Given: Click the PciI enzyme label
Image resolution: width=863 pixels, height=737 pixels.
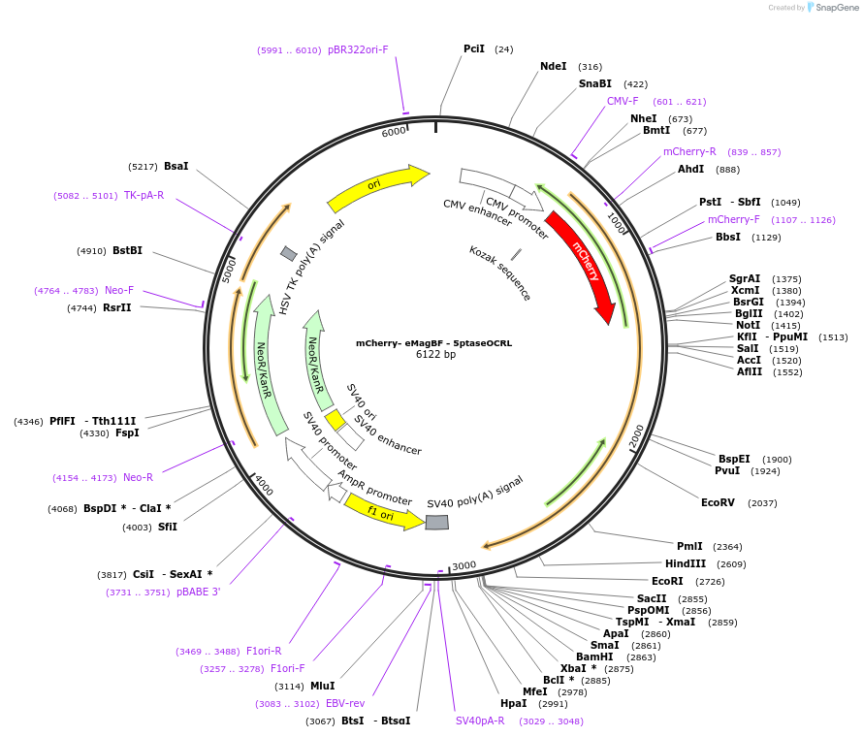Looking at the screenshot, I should (x=474, y=48).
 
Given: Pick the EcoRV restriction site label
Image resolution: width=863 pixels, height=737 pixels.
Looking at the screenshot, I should (x=719, y=502).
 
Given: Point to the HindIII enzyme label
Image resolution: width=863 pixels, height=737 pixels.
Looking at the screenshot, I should (x=686, y=563).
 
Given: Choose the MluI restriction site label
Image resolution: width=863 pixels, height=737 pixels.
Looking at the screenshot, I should (x=322, y=686).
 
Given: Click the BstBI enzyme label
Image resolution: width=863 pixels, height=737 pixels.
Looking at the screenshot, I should (x=127, y=250).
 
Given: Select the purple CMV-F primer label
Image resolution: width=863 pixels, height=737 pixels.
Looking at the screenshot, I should (x=623, y=101).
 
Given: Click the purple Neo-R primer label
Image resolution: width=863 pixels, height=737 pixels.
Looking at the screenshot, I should (x=138, y=477).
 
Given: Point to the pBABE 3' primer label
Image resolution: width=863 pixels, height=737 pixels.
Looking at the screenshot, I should (x=198, y=592).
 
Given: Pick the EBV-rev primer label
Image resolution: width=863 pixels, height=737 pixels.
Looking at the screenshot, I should (x=345, y=703).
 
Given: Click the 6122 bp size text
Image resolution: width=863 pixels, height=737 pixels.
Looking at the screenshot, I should (x=435, y=355).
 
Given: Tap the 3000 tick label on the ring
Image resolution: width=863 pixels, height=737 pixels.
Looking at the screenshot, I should (x=464, y=565).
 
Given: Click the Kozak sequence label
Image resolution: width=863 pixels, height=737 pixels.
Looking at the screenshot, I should (x=500, y=272).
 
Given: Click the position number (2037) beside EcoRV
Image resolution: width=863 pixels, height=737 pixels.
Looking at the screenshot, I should (x=762, y=502).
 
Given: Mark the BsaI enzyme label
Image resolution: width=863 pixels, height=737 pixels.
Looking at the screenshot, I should (x=176, y=166).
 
